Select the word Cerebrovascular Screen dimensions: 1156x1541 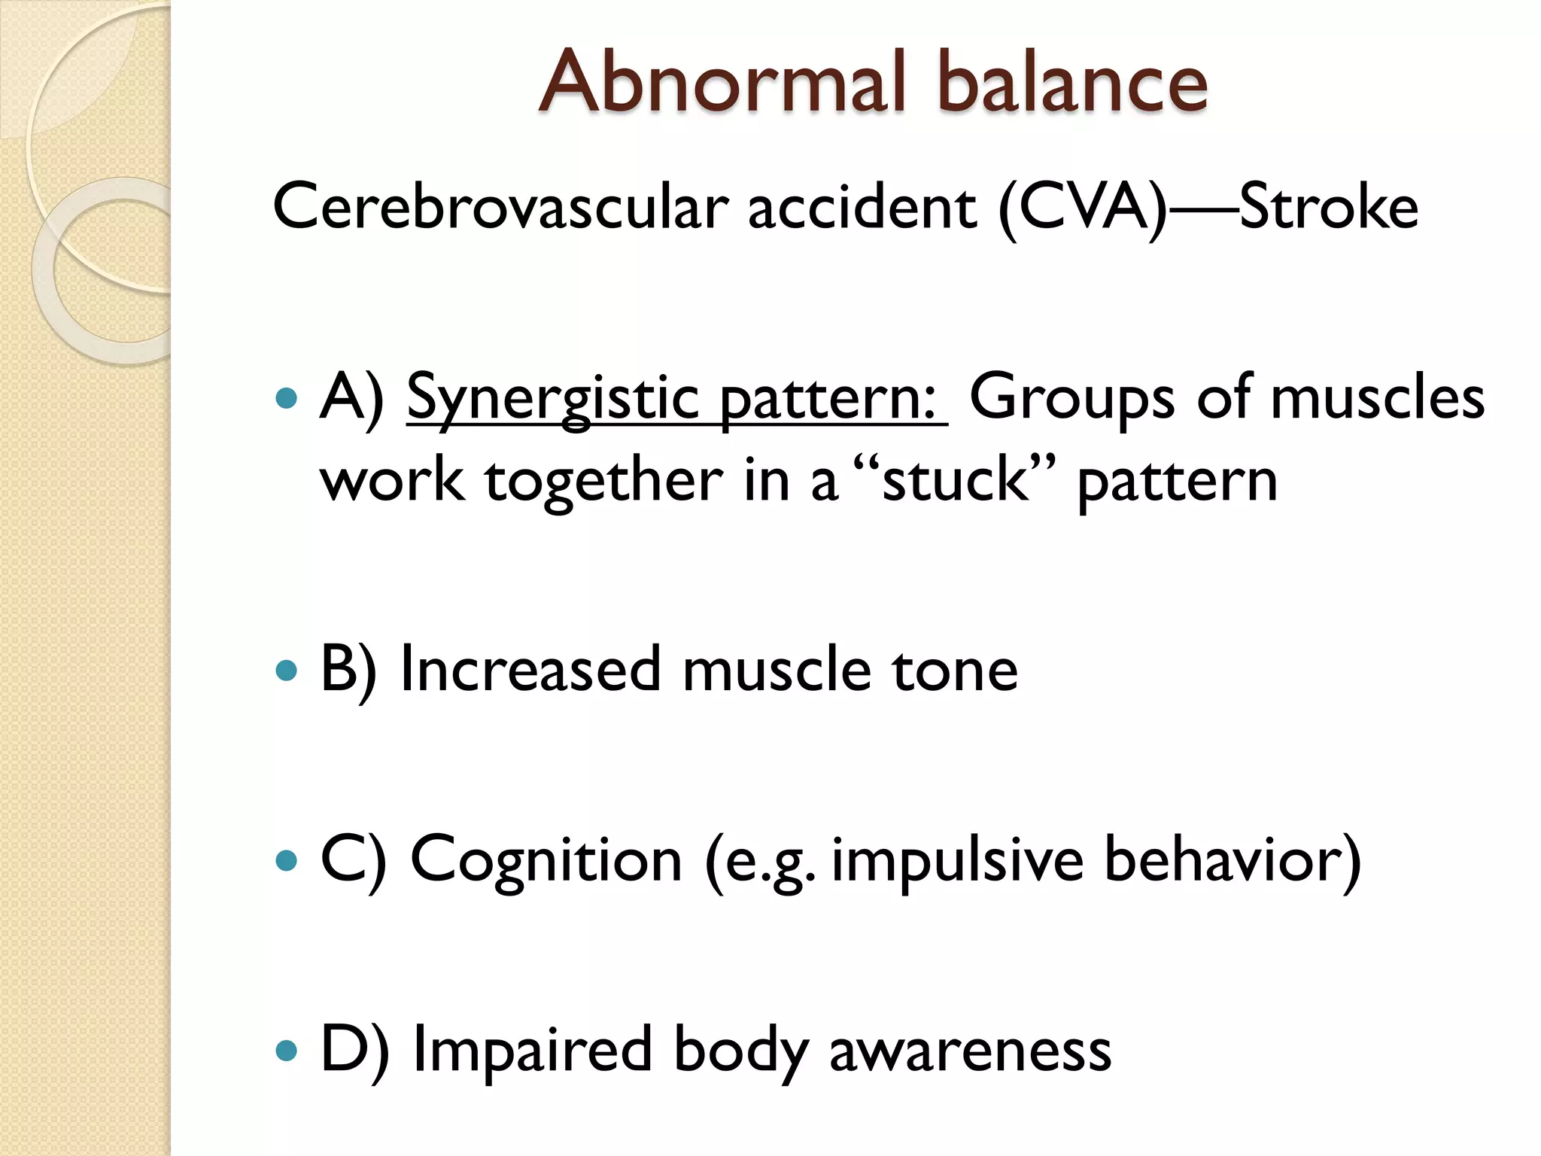point(500,207)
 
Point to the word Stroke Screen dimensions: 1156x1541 point(1329,207)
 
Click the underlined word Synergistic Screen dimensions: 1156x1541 point(553,399)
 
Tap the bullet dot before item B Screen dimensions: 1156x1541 point(287,670)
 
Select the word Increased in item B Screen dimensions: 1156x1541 point(530,670)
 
